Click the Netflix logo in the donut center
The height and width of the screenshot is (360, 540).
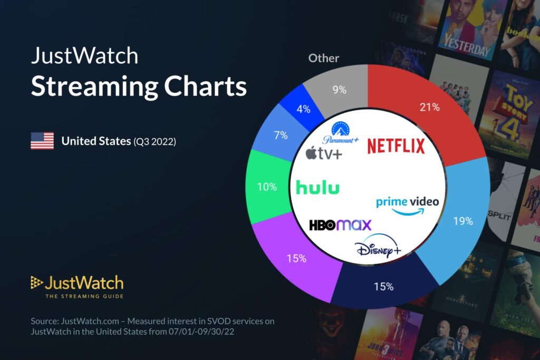pyautogui.click(x=396, y=146)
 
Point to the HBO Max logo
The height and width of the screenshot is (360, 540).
pyautogui.click(x=340, y=225)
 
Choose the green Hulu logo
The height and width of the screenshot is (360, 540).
pyautogui.click(x=317, y=187)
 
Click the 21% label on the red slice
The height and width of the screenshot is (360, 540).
pyautogui.click(x=429, y=108)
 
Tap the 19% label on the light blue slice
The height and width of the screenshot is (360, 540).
pyautogui.click(x=463, y=221)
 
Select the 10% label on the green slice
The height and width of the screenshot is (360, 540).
pyautogui.click(x=266, y=187)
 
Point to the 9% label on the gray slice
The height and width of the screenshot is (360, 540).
pyautogui.click(x=340, y=90)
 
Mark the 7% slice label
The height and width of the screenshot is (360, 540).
pyautogui.click(x=281, y=135)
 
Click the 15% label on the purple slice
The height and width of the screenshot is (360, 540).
pyautogui.click(x=296, y=258)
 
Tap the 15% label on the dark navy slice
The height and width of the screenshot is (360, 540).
pyautogui.click(x=383, y=287)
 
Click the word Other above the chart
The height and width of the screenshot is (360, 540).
pyautogui.click(x=324, y=58)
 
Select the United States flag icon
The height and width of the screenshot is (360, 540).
pyautogui.click(x=42, y=141)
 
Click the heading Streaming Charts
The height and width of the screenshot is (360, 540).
pyautogui.click(x=139, y=86)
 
